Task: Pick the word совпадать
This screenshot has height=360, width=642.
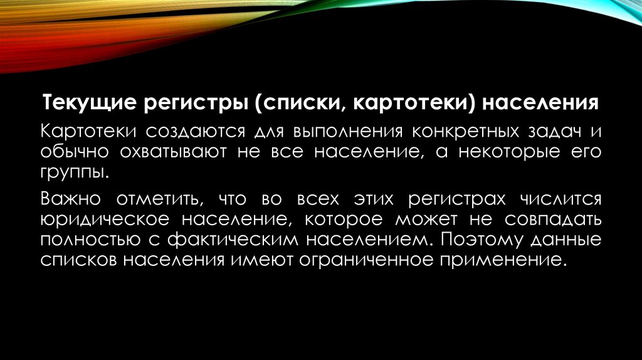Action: [552, 220]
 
